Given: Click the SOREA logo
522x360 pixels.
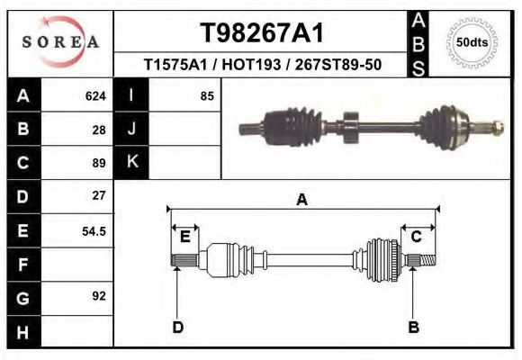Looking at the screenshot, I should [60, 42].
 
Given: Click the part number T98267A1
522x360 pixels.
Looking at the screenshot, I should [261, 33].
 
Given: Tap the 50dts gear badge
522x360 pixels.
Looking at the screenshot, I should [472, 42].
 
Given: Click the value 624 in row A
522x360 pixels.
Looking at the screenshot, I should [95, 95].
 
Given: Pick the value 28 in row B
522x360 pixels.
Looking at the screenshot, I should [99, 130].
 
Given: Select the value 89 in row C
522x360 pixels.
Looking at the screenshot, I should [99, 164].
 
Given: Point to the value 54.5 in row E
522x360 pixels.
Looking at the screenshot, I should [94, 230].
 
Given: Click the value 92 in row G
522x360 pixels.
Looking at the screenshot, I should [99, 295].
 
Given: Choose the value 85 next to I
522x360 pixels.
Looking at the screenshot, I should [206, 95].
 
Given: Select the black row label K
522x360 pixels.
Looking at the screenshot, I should [131, 162].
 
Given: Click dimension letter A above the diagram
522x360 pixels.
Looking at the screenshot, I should [302, 200].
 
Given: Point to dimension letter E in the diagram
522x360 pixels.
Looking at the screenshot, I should [184, 237].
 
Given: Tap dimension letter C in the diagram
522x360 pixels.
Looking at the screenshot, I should [417, 237].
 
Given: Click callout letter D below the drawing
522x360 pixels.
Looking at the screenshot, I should [177, 327].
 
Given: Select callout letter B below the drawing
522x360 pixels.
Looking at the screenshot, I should [414, 327].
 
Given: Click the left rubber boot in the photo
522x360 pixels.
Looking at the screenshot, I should [291, 121].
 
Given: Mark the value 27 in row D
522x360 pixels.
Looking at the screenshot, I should [99, 195].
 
